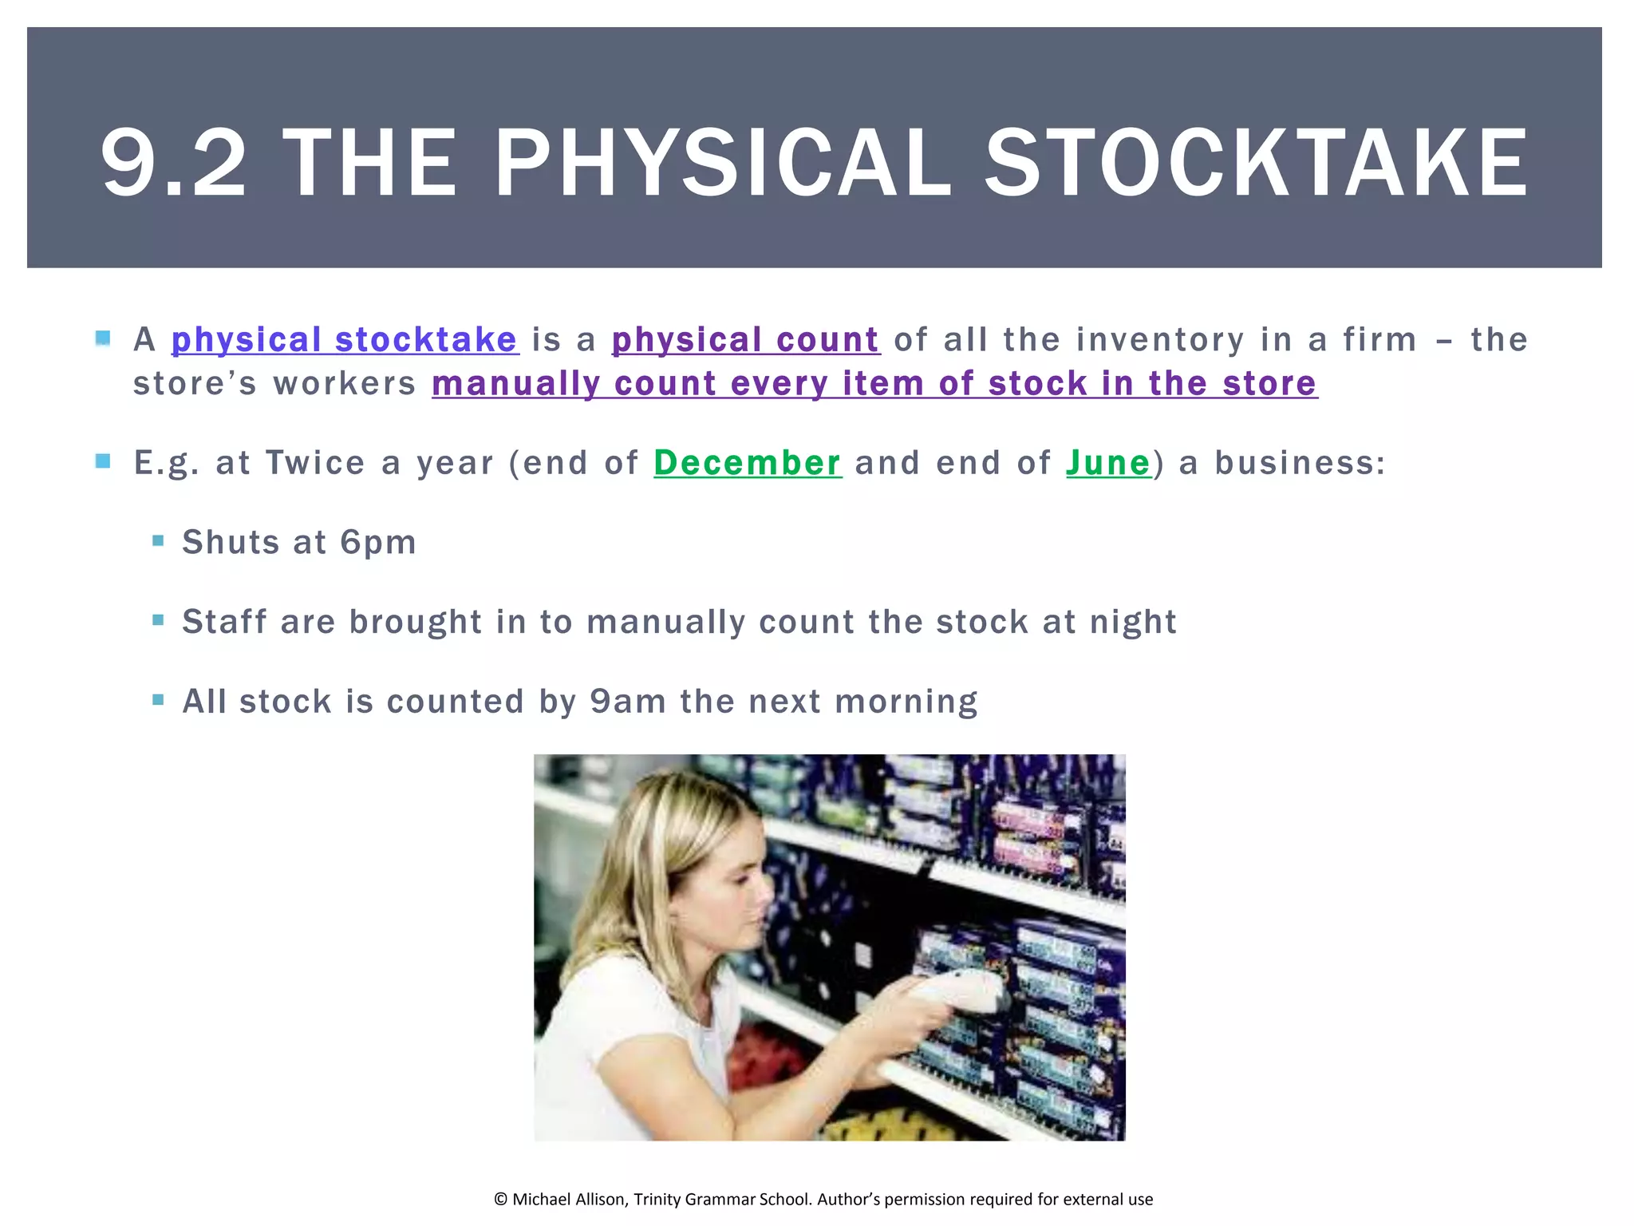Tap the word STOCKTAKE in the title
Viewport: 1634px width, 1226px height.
1257,164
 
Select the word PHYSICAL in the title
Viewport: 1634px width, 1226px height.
723,164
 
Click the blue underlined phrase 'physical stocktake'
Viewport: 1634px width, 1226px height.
345,340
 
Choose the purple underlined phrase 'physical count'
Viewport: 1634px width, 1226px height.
745,340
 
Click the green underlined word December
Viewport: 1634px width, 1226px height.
747,463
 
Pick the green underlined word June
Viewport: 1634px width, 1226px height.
1108,463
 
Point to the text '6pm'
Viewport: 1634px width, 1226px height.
378,543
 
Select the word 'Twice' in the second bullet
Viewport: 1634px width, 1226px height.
315,463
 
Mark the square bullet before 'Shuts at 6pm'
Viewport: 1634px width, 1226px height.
158,541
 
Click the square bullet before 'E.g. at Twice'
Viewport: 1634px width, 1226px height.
103,461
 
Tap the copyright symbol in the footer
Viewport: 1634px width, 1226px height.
500,1200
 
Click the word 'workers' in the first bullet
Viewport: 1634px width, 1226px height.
345,384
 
